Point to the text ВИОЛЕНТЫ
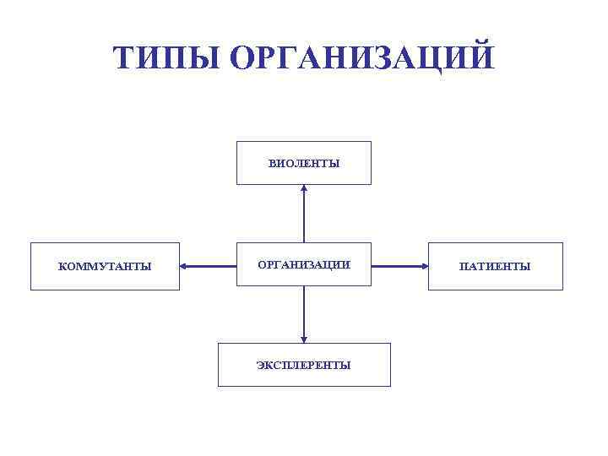tap(304, 164)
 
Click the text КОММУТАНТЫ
tap(105, 267)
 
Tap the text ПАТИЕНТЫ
tap(495, 267)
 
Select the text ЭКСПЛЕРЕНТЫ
tap(304, 366)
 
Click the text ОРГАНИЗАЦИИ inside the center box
tap(304, 264)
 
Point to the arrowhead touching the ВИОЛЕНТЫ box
tap(304, 189)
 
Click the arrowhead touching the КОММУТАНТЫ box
tap(185, 267)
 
